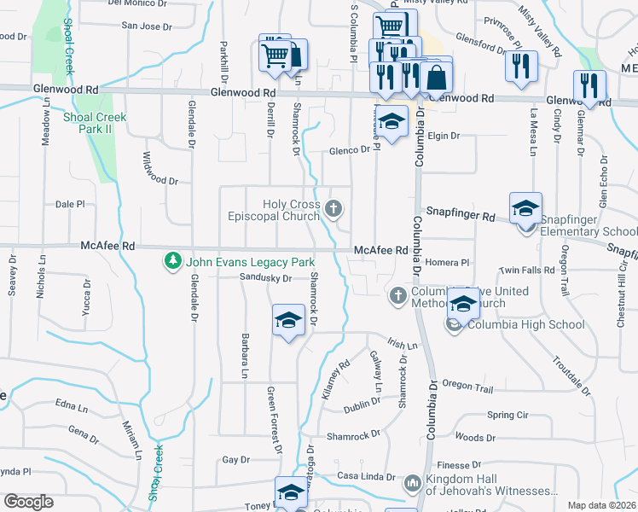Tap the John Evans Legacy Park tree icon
click(173, 259)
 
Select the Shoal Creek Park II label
click(94, 122)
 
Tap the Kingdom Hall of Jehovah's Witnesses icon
click(412, 484)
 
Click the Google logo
click(28, 502)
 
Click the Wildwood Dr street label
click(159, 181)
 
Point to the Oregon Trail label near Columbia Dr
click(467, 388)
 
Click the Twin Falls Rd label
click(527, 270)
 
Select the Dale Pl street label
click(70, 205)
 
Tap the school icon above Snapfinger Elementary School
click(525, 207)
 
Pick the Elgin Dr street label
click(444, 136)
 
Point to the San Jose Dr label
click(147, 26)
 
